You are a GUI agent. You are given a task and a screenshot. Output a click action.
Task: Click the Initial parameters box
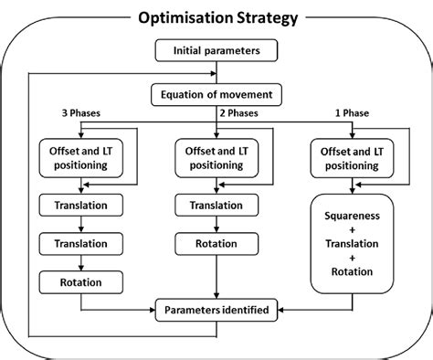[216, 52]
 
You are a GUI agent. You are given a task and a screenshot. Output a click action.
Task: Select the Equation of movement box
[216, 93]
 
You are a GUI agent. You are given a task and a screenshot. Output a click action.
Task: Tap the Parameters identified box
[216, 311]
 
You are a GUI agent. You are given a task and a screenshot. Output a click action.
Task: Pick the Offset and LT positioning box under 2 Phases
[216, 156]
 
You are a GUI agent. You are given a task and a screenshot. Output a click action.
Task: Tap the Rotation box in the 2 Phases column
[216, 244]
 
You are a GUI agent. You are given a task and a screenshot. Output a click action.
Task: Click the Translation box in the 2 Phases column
[216, 206]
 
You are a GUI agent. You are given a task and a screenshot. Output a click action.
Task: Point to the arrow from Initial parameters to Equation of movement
[216, 72]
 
